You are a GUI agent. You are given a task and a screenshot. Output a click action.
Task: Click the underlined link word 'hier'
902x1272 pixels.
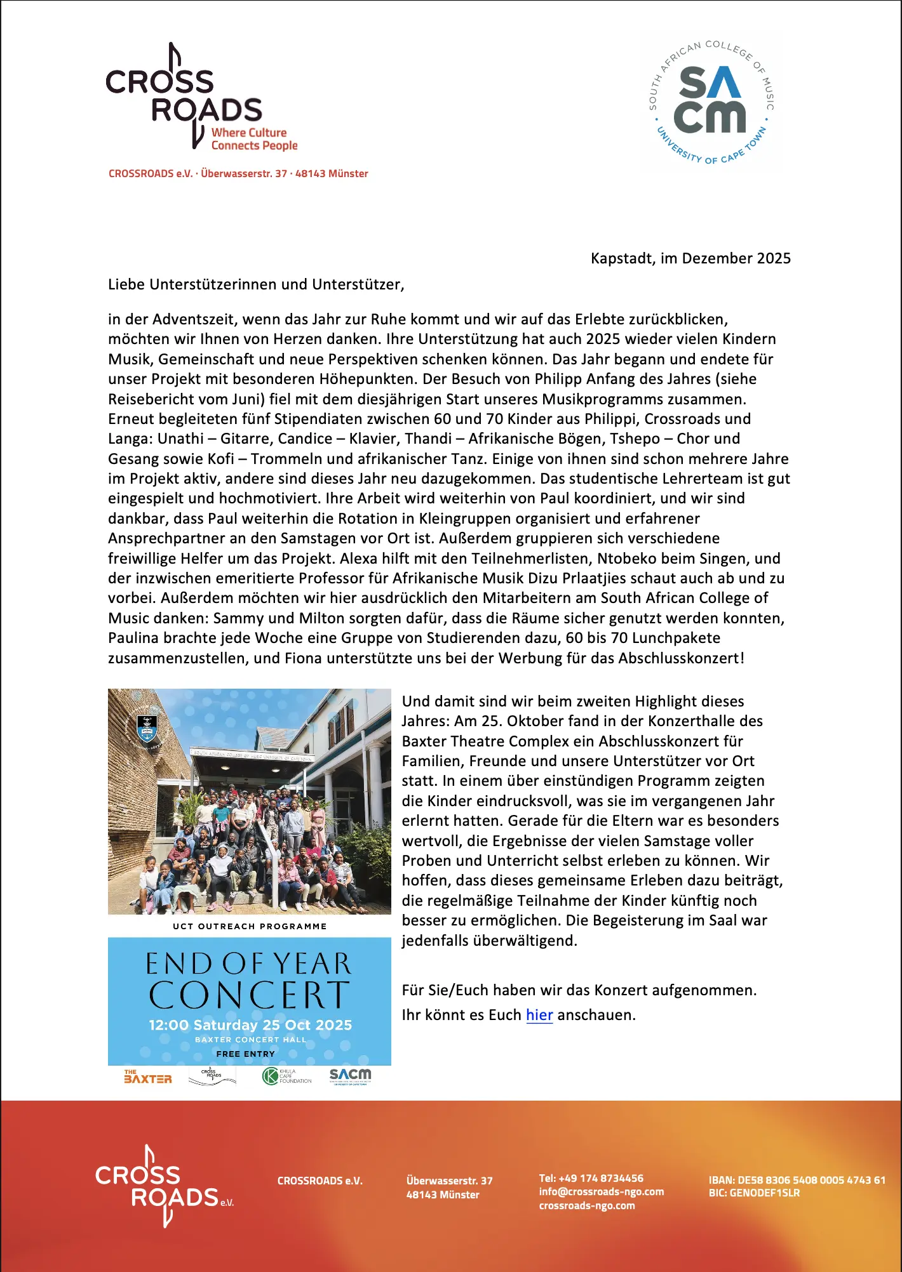539,1015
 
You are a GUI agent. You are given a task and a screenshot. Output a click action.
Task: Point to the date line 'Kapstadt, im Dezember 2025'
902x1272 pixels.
690,258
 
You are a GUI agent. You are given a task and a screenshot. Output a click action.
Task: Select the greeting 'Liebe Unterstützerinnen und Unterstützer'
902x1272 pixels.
256,284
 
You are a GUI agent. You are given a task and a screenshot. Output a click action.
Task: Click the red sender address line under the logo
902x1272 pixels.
238,173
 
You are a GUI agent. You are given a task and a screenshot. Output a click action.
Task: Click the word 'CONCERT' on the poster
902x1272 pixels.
249,995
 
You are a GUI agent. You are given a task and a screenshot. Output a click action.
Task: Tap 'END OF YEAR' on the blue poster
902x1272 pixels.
249,964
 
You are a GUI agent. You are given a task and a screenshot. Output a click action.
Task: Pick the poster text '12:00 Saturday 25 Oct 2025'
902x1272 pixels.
250,1025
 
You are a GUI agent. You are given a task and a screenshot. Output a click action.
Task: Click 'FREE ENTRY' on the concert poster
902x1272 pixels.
246,1054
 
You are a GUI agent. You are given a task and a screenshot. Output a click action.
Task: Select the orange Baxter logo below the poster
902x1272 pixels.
148,1077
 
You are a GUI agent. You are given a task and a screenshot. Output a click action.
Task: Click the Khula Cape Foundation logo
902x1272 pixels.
286,1076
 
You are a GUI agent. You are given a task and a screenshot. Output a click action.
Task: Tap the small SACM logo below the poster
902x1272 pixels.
350,1076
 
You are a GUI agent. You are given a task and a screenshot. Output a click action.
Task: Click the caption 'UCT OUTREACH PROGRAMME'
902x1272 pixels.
250,926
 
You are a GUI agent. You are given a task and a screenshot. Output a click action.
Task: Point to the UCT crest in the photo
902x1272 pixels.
147,727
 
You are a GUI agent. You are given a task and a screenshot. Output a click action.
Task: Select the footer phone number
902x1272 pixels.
591,1178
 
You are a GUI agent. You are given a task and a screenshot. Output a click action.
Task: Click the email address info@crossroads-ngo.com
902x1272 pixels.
602,1192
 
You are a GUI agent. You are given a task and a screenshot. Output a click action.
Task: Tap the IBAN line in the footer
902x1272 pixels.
797,1180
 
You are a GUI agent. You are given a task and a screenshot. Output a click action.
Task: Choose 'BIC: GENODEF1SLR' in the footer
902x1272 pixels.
754,1193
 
